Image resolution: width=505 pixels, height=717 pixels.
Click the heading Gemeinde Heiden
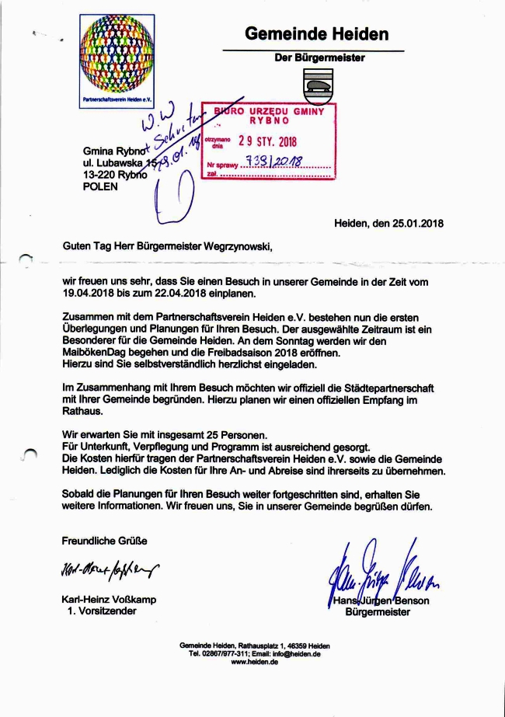pyautogui.click(x=317, y=34)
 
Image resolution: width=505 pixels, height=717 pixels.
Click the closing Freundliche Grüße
pyautogui.click(x=104, y=540)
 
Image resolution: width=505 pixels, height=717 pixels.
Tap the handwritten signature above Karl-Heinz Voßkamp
pyautogui.click(x=107, y=572)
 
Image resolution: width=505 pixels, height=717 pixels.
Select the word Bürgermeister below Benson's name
pyautogui.click(x=378, y=611)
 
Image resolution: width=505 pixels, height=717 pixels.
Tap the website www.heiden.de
pyautogui.click(x=254, y=662)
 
